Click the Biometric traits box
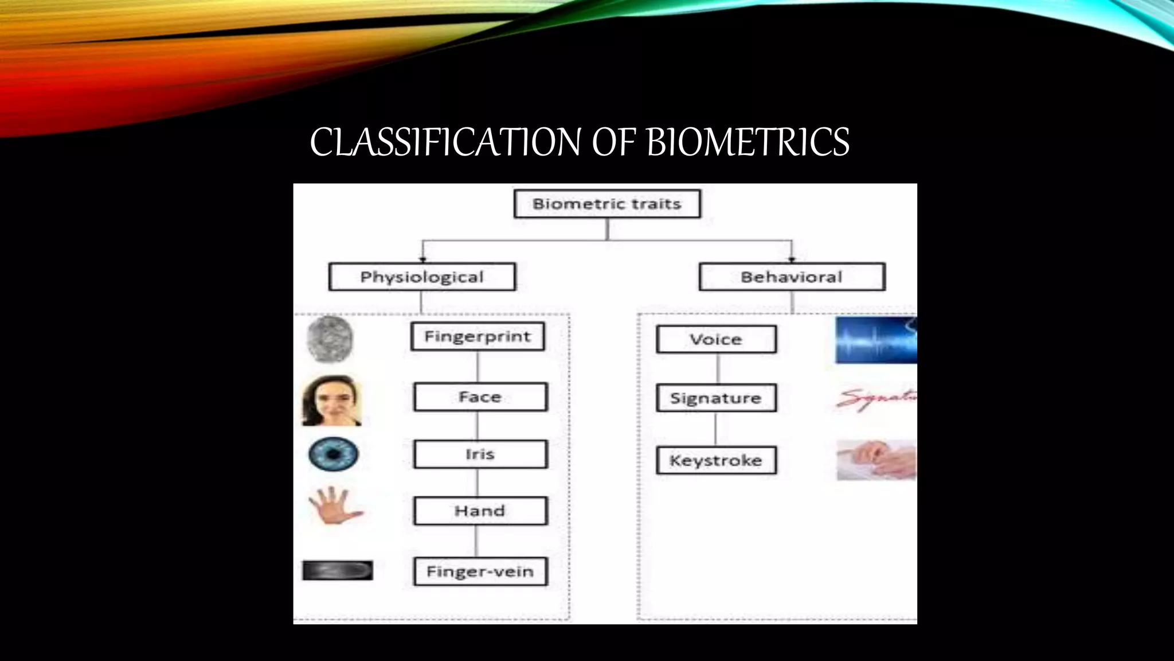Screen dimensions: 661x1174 [607, 204]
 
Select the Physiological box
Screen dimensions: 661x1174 [422, 277]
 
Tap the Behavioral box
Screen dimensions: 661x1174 [792, 277]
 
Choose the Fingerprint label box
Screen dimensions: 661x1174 [478, 336]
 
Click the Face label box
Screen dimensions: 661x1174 [480, 397]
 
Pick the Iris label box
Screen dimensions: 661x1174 [480, 454]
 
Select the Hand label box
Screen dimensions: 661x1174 [480, 511]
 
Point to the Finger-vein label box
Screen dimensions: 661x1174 [480, 571]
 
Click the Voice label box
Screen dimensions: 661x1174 [716, 340]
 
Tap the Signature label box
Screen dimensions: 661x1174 [716, 398]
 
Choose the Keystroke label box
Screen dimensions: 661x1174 [716, 460]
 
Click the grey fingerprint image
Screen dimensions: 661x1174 [330, 339]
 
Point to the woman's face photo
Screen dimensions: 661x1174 [331, 401]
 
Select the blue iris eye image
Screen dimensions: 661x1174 [333, 454]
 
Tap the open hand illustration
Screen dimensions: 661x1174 [334, 505]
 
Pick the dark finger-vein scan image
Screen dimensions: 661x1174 [337, 570]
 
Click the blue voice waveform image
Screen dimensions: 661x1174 [876, 340]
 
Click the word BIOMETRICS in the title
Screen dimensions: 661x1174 [748, 142]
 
